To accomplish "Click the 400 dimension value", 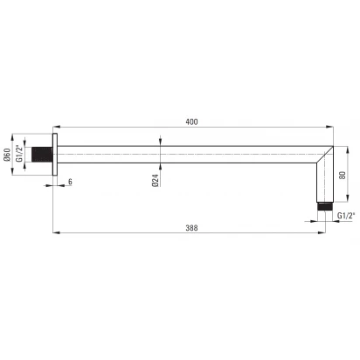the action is pyautogui.click(x=191, y=121).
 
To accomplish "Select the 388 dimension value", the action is pyautogui.click(x=191, y=228).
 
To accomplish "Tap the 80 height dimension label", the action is pyautogui.click(x=343, y=175).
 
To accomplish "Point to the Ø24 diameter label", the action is pyautogui.click(x=156, y=181).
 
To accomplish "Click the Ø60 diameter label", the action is pyautogui.click(x=7, y=155).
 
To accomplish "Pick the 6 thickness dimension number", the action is pyautogui.click(x=70, y=182).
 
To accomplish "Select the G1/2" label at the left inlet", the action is pyautogui.click(x=19, y=153).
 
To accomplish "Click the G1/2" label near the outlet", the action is pyautogui.click(x=346, y=216).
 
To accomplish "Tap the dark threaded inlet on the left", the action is pyautogui.click(x=42, y=155).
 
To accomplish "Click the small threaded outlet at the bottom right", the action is pyautogui.click(x=325, y=206).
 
